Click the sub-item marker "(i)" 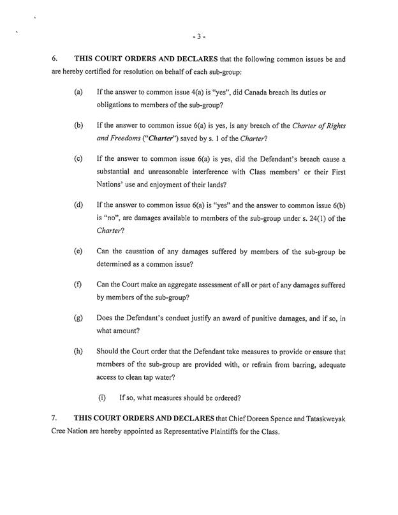pos(101,398)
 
